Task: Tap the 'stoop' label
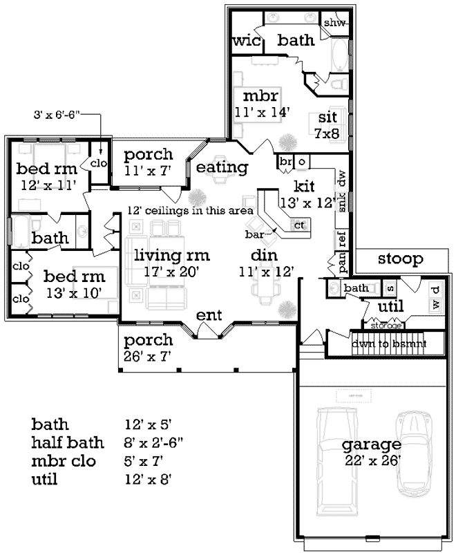pos(400,259)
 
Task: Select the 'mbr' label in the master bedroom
pos(255,95)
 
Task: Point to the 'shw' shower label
pos(334,22)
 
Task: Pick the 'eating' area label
pos(222,167)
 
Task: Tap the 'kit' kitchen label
pos(305,186)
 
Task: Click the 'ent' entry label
pos(209,315)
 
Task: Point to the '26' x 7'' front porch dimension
pos(148,355)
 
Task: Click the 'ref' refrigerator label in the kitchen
pos(341,238)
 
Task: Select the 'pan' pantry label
pos(341,261)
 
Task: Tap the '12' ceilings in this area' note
pos(190,210)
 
